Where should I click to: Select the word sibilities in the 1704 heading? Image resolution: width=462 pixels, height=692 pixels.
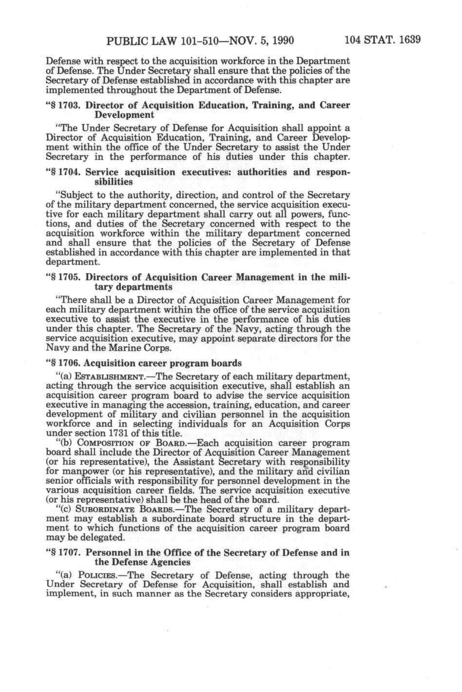113,182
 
